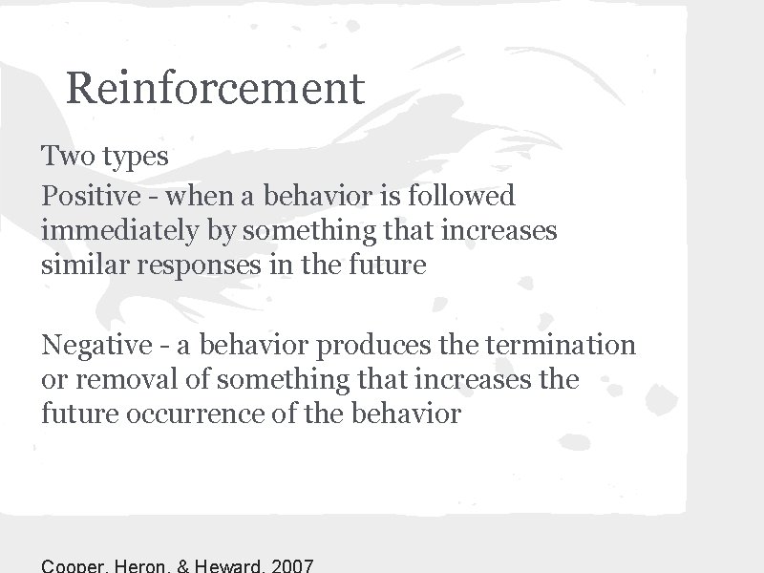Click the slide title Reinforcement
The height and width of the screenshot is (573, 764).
(x=216, y=88)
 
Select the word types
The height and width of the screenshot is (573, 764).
(x=139, y=157)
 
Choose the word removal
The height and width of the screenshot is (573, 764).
(x=125, y=379)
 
